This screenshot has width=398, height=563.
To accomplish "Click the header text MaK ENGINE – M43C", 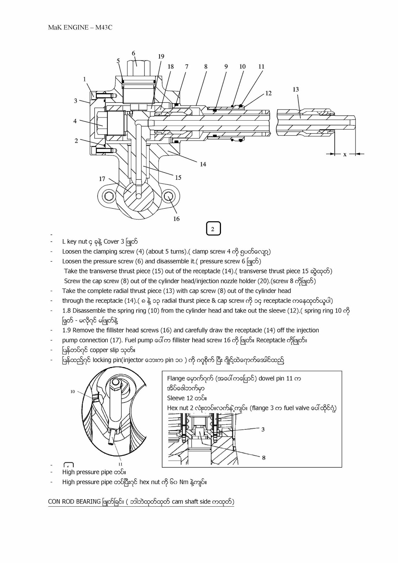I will coord(80,27).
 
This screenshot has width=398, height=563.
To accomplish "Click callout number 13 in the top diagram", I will coord(296,89).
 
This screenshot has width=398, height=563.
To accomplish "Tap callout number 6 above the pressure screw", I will coord(133,53).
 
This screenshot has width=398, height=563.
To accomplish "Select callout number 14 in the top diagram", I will coord(203,164).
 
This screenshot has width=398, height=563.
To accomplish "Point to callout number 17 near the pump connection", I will coord(102,179).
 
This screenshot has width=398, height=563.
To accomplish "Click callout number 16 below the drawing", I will coord(176,219).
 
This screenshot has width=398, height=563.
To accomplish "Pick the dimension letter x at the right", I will coord(345,154).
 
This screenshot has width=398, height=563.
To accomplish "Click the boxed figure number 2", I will coord(213,229).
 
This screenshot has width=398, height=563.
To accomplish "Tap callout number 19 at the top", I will coord(161,56).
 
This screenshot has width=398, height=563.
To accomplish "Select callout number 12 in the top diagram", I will coord(268,93).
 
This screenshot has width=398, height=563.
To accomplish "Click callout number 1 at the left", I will coord(84,79).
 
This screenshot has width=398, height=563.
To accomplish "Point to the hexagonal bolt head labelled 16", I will coord(169,196).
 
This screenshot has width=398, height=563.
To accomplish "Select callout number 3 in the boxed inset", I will coord(263,430).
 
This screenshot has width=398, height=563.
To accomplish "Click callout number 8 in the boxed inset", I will coord(264,457).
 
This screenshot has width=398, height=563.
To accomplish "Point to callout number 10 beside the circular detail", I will coord(72,392).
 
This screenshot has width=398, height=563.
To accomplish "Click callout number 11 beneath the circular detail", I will coord(120,464).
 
